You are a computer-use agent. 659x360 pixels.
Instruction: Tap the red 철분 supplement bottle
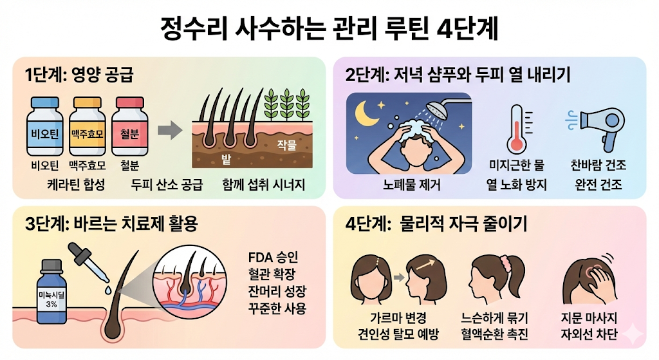click(x=130, y=126)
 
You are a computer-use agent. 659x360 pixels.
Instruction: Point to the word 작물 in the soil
click(x=286, y=146)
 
